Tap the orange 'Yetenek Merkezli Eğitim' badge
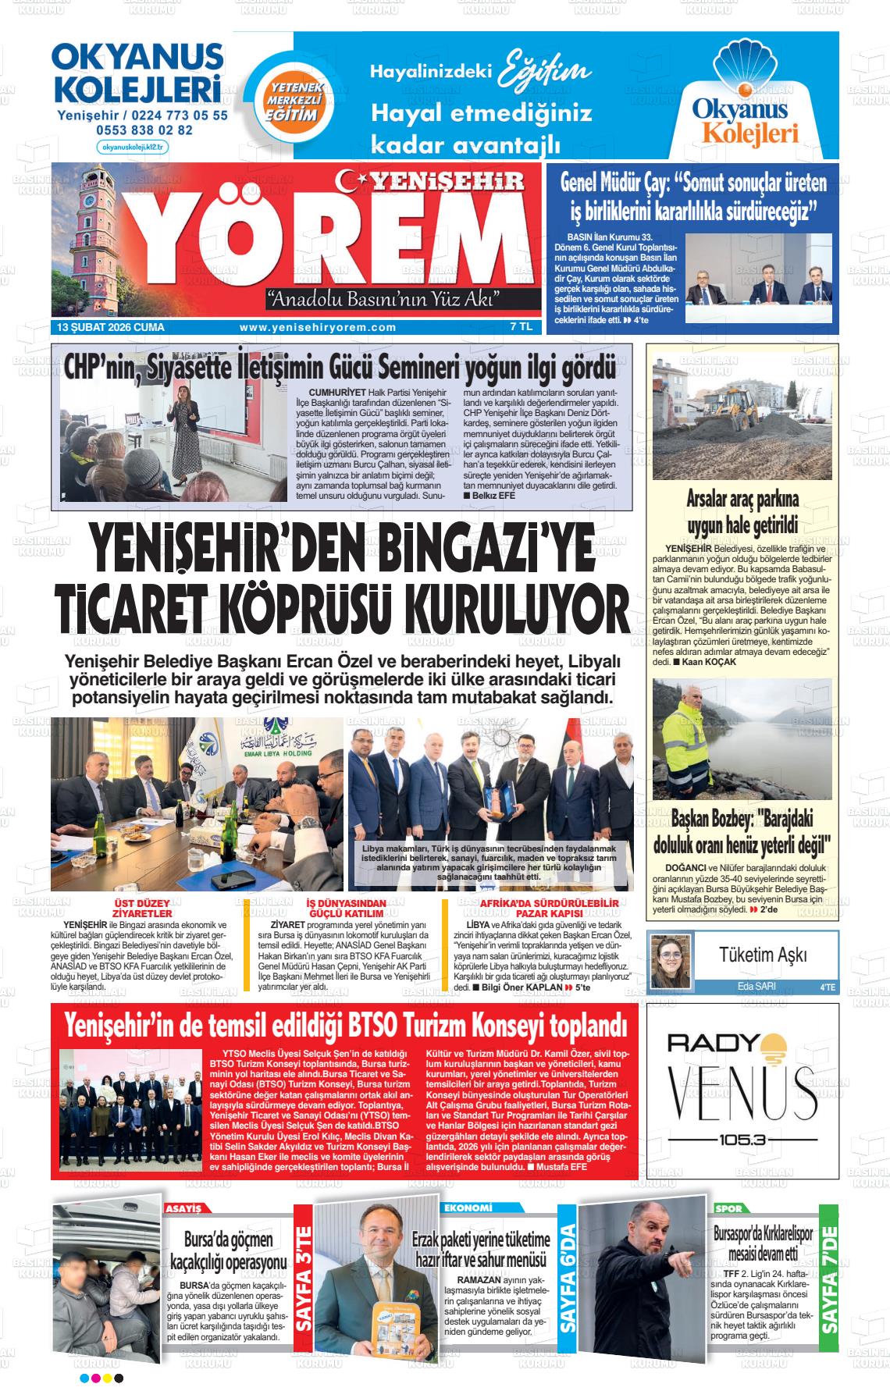pos(290,102)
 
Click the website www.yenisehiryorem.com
pos(318,328)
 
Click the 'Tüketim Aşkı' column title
pos(763,955)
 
